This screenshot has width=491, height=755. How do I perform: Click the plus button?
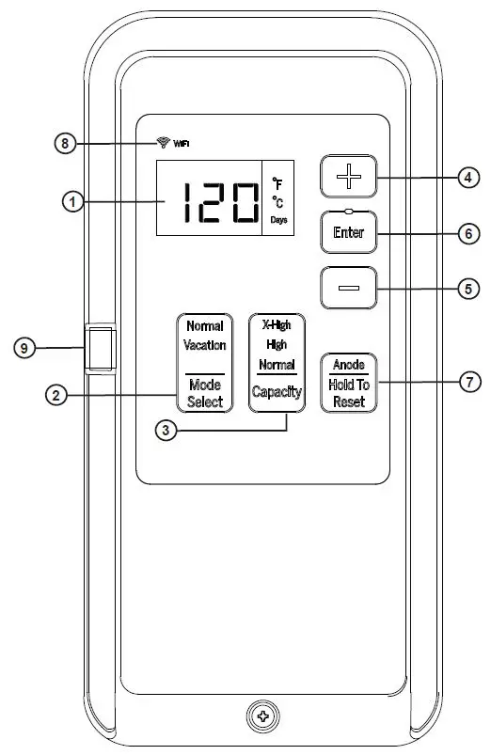click(x=348, y=177)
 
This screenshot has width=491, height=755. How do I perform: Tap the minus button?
click(x=348, y=289)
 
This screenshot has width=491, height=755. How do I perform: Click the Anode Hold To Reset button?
click(x=348, y=382)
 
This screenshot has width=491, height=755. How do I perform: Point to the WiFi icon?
click(x=163, y=143)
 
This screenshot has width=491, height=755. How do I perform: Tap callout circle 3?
click(x=166, y=431)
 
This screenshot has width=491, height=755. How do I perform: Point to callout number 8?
click(x=65, y=143)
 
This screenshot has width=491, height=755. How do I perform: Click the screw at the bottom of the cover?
click(x=262, y=716)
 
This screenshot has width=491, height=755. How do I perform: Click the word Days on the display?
click(x=279, y=219)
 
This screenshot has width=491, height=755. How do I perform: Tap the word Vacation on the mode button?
click(x=204, y=345)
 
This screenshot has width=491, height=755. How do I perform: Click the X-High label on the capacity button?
click(x=276, y=323)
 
